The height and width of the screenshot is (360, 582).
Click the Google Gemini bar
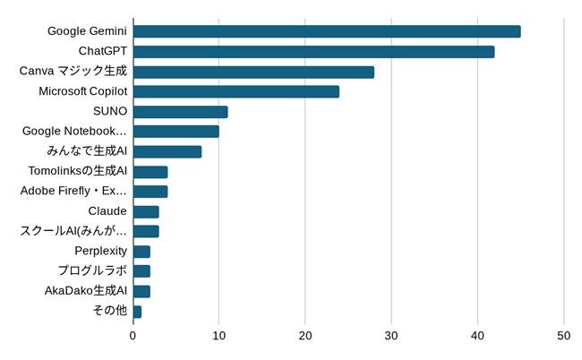click(327, 31)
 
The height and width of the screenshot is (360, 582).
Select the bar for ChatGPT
click(313, 51)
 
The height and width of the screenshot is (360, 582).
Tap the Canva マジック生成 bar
click(253, 72)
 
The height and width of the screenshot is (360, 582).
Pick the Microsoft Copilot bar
click(236, 91)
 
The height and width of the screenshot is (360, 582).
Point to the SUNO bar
click(180, 112)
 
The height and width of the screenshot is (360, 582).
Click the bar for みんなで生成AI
click(167, 151)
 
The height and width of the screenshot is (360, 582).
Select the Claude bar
click(146, 211)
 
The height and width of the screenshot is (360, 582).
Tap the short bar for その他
click(137, 311)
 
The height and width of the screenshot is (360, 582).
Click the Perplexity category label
click(100, 251)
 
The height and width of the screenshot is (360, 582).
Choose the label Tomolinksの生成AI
click(79, 171)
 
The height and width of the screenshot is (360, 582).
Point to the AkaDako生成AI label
click(85, 290)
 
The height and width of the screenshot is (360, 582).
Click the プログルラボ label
click(92, 270)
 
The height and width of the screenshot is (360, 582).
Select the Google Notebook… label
click(74, 132)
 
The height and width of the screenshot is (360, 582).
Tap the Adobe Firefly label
click(73, 191)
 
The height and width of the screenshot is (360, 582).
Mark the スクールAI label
click(73, 231)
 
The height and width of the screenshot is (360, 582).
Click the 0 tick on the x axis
click(133, 336)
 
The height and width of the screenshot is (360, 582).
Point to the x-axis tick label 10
click(218, 336)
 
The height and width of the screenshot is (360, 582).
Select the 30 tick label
click(391, 336)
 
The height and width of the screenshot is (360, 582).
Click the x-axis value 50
click(564, 336)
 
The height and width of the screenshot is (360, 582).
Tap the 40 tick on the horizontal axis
click(477, 336)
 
